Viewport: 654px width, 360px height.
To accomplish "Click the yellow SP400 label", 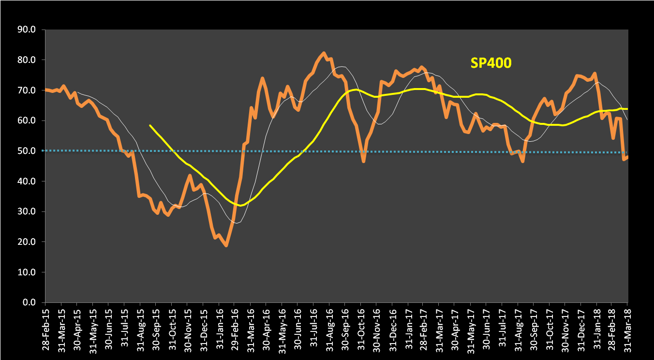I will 490,63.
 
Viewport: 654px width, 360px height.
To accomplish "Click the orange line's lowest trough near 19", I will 226,246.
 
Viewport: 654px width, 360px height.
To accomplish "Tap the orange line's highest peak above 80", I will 324,53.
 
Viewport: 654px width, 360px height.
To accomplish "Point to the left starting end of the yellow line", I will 150,125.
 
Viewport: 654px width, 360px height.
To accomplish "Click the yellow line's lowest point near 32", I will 240,206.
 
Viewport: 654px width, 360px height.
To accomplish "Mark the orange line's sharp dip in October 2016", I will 363,161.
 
